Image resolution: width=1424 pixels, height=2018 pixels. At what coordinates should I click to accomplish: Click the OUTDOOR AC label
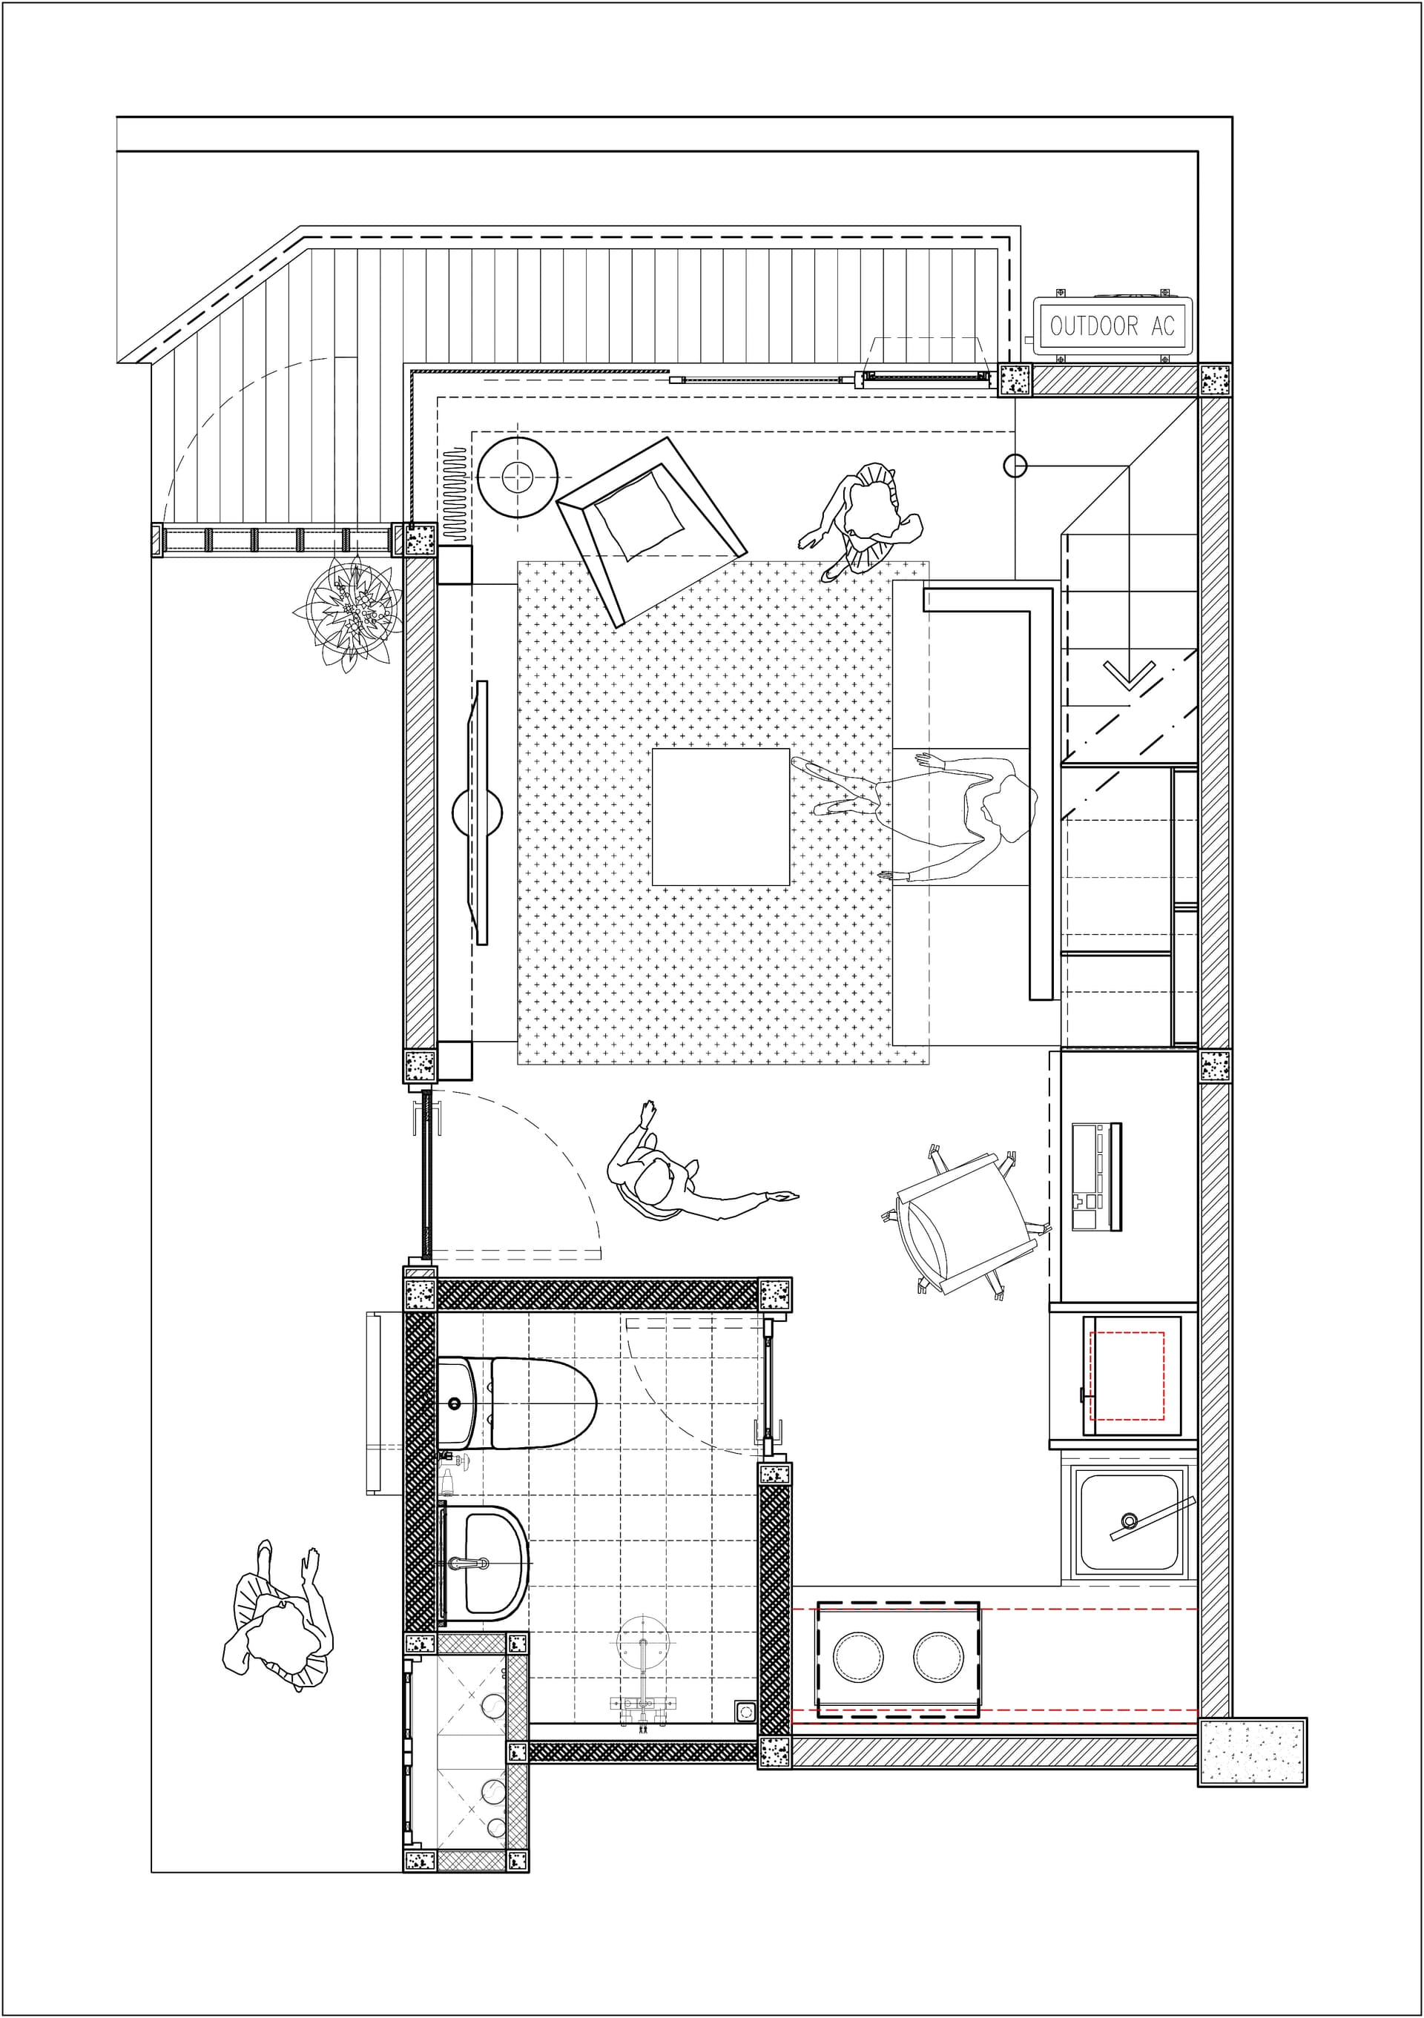point(1112,326)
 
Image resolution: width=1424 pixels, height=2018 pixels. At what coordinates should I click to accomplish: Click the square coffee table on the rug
point(721,816)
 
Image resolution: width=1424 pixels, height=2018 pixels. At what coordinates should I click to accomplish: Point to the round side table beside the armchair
point(518,477)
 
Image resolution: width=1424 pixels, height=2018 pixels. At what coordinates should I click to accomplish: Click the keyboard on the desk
point(1097,1177)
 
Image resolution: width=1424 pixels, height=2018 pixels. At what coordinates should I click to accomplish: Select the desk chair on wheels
point(965,1223)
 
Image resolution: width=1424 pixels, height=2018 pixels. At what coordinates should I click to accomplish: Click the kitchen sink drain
point(1129,1521)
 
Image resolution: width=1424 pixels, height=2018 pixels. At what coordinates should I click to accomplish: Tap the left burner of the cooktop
point(858,1657)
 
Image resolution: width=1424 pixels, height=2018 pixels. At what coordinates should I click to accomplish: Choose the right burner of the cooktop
point(938,1657)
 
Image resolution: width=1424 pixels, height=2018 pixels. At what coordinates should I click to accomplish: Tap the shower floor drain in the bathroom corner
point(745,1711)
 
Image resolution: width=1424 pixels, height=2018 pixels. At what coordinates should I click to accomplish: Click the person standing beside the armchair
point(864,521)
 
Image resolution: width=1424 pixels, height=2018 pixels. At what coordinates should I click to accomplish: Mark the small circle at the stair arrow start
point(1015,466)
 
